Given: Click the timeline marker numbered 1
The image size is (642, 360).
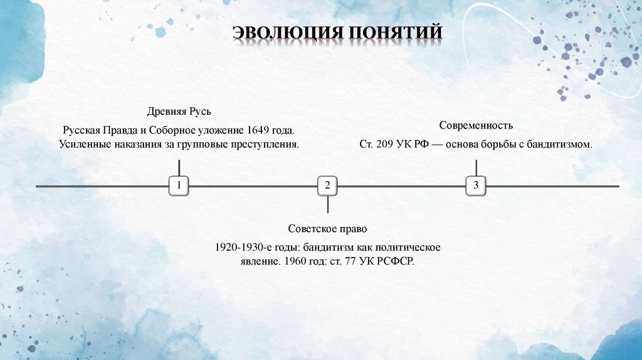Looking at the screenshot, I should (179, 186).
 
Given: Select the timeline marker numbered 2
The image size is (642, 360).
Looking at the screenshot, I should (327, 186).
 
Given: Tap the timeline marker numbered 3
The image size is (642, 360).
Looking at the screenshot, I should (476, 186).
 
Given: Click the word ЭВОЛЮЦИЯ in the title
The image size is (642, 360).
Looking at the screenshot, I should (285, 33).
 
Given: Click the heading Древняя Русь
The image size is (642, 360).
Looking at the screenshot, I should (179, 112).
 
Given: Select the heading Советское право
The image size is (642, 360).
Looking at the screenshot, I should (327, 228).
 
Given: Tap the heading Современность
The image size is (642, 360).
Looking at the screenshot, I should (476, 125).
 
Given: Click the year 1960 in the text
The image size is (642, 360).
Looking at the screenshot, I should (294, 261).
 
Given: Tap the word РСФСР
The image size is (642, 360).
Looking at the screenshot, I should (396, 261).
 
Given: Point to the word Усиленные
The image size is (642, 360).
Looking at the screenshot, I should (84, 144).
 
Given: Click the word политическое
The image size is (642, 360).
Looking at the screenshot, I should (409, 246).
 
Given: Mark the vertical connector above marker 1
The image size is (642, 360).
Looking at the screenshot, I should (179, 167).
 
